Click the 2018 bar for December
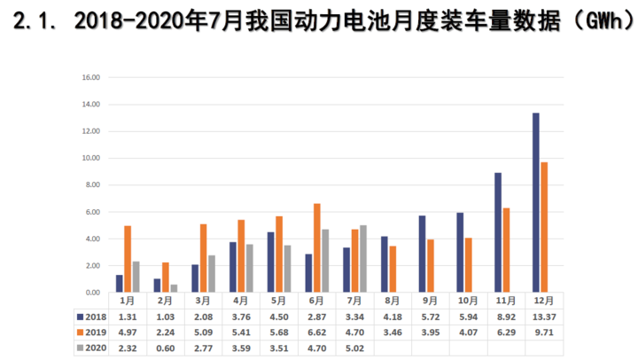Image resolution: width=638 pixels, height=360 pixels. tap(536, 203)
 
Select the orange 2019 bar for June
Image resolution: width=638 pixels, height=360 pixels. tap(317, 248)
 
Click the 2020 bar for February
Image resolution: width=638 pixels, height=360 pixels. tap(174, 288)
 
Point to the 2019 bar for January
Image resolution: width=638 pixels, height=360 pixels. tap(128, 259)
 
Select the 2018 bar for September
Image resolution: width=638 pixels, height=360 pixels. tap(423, 254)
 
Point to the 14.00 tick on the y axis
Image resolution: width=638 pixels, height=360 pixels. tap(90, 105)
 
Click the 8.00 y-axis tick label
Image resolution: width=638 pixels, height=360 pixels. tap(90, 185)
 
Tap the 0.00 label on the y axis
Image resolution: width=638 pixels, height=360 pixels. tap(90, 293)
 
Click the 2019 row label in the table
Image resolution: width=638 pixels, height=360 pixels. tap(95, 333)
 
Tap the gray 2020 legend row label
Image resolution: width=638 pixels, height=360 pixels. tap(95, 349)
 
